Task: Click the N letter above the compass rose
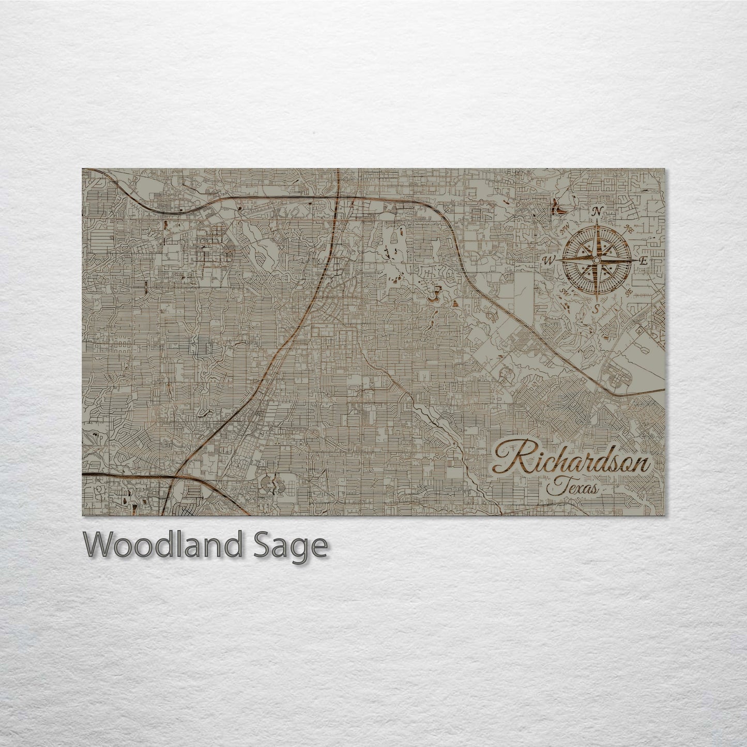pos(597,211)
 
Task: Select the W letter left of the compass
pos(547,260)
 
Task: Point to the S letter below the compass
pos(597,309)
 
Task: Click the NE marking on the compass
pos(629,229)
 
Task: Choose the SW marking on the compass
pos(566,293)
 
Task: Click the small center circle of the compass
pos(596,261)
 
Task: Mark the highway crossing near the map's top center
pos(337,197)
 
